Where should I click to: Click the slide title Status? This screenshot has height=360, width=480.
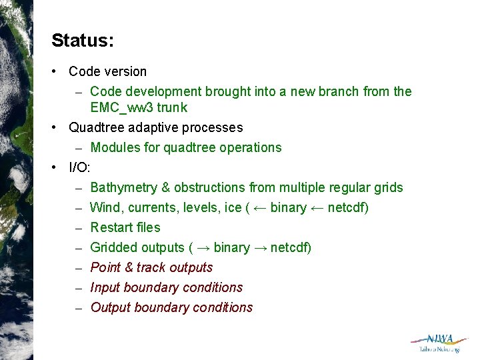tap(83, 41)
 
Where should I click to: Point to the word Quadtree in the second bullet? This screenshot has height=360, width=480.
tap(93, 127)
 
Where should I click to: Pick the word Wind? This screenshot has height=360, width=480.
tap(105, 207)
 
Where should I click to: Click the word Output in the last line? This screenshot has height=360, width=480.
tap(110, 307)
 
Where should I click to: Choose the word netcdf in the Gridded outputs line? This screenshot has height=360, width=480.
tap(289, 247)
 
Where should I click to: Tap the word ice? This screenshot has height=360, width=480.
tap(233, 207)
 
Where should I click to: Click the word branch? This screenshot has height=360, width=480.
tap(337, 91)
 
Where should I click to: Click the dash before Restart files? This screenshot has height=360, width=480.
tap(78, 227)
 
